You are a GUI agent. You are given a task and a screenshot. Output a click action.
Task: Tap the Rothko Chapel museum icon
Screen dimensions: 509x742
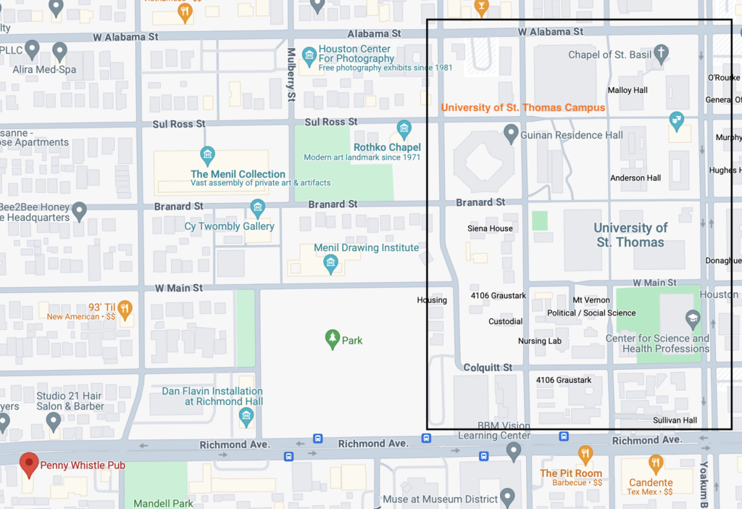coord(404,131)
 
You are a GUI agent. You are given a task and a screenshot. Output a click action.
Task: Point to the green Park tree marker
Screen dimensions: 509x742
coord(333,339)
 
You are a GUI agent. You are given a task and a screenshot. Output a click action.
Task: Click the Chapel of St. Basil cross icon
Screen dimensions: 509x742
coord(660,53)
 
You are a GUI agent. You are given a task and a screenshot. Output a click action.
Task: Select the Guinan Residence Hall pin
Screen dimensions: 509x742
coord(512,133)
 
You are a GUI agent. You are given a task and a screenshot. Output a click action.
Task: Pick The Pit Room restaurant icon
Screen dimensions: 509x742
coord(585,455)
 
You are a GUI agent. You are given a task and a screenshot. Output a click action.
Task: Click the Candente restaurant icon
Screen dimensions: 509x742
coord(656,463)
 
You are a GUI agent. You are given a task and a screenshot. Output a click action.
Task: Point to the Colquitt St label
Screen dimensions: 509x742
coord(488,368)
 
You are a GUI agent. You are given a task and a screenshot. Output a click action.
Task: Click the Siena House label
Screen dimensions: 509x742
coord(490,228)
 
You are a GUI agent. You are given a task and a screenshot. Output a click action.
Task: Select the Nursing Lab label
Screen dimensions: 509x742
coord(540,341)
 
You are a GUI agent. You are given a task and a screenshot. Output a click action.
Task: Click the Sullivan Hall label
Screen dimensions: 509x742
coord(675,420)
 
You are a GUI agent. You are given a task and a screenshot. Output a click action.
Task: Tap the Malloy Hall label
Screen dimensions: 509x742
coord(628,91)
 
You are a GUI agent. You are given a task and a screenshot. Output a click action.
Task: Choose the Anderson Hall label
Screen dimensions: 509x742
coord(635,178)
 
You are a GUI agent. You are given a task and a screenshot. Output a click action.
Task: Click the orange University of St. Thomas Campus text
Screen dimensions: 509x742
coord(522,107)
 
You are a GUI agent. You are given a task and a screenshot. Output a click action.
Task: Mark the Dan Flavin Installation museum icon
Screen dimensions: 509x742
coord(246,416)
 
